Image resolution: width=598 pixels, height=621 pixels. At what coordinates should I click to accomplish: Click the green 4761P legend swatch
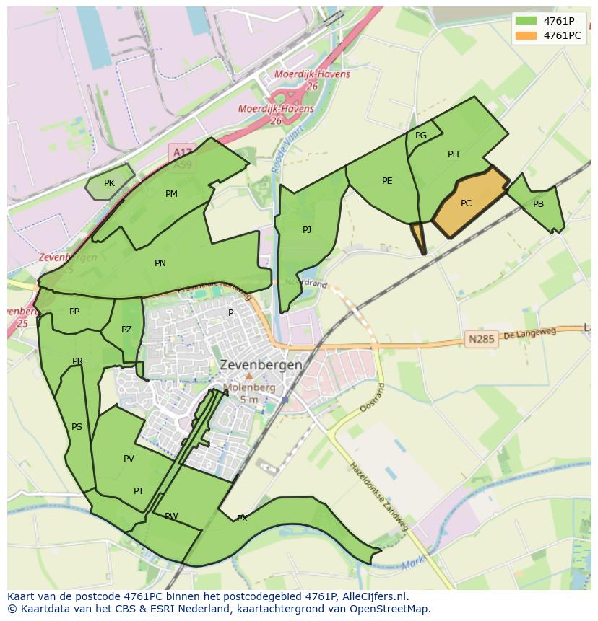point(526,21)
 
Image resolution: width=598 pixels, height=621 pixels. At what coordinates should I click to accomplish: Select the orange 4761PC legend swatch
point(526,35)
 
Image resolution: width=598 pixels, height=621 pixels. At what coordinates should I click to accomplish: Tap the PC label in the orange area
point(466,203)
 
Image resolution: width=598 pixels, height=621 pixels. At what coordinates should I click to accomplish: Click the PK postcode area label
point(109,183)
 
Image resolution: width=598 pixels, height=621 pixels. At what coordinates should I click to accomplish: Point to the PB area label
point(538,204)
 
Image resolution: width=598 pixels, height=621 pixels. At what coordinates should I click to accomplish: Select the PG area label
point(421,136)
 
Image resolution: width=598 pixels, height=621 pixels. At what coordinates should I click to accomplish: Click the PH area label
point(453,154)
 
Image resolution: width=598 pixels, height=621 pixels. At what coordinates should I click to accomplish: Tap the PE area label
point(387,181)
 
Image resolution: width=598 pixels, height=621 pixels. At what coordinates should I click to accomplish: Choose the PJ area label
point(307,230)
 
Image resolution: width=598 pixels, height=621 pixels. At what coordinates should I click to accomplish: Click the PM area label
point(171,194)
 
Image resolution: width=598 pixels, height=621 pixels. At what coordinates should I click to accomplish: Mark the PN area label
point(160,263)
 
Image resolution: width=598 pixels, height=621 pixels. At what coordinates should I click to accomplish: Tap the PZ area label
point(127,330)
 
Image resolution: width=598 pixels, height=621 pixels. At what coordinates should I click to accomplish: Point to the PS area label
point(77,427)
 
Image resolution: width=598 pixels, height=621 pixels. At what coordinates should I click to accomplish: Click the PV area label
point(129,459)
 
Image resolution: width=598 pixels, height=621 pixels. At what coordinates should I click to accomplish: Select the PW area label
point(171,516)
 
